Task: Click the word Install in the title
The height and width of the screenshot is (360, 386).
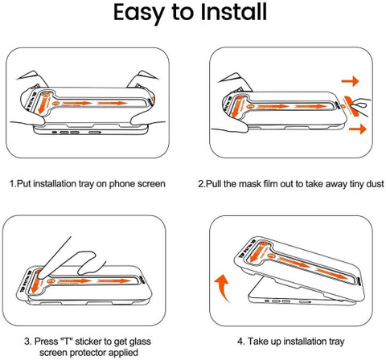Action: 234,12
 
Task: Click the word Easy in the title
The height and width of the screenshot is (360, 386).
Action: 138,14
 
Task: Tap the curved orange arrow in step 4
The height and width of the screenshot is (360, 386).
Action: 223,288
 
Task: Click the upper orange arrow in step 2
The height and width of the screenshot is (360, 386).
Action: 350,81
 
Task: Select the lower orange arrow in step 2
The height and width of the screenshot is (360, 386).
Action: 358,129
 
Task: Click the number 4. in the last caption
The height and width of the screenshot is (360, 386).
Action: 241,342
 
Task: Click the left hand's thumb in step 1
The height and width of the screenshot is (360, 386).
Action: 35,118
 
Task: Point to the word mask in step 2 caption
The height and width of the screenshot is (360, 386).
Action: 250,184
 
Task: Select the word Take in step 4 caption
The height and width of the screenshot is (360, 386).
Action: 257,342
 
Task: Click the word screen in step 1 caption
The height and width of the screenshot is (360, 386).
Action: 151,184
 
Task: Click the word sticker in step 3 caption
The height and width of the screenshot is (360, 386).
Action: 88,342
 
